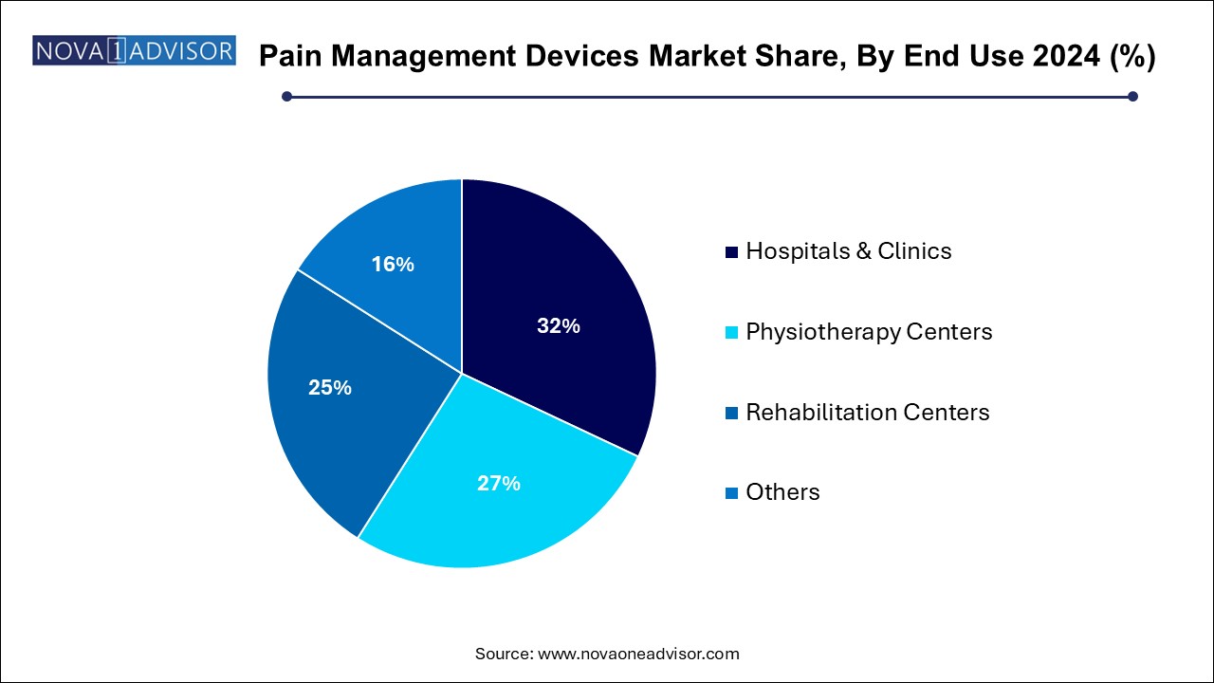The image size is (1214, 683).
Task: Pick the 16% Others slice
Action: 398,247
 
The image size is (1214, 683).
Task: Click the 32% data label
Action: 558,326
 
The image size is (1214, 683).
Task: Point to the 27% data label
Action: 498,484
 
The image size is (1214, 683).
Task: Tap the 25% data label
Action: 330,388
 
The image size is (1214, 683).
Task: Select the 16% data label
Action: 393,265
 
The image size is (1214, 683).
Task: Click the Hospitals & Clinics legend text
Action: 848,251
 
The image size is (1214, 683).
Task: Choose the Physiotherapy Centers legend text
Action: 869,332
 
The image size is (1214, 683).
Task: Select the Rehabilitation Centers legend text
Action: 867,413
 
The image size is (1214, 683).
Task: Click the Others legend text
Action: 782,492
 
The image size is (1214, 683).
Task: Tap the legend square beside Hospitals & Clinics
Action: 731,252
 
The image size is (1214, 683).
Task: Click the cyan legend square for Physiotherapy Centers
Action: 731,333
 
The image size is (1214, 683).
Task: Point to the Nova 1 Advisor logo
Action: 134,50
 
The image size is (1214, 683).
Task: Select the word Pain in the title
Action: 287,57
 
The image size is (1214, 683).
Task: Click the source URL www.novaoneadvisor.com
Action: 638,654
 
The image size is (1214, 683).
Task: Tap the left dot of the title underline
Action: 287,96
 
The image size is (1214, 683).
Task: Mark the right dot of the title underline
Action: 1131,96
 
